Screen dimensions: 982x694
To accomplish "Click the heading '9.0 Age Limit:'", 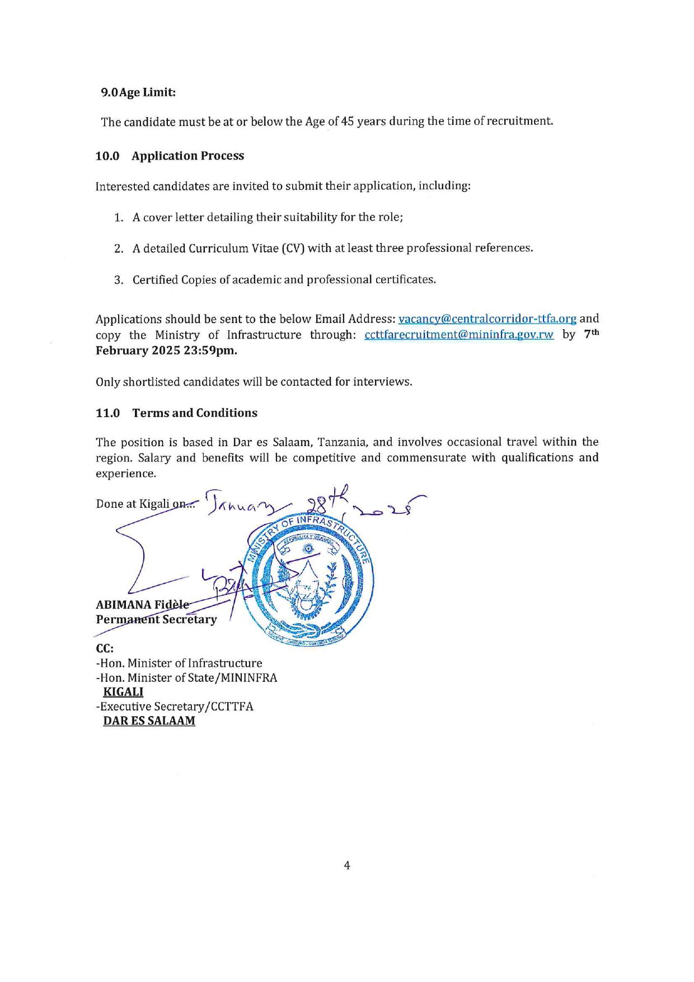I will point(138,92).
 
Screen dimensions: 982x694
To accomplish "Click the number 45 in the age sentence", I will point(348,121).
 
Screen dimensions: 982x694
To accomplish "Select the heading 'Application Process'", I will point(187,156).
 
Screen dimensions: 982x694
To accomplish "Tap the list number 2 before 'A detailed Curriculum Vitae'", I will point(119,249).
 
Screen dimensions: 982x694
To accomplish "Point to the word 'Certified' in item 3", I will point(155,279).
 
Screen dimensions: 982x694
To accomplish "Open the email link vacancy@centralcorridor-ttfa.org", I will point(487,319).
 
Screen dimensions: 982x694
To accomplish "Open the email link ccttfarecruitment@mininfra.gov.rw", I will point(458,335).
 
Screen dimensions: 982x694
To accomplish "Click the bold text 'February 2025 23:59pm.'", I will point(166,350).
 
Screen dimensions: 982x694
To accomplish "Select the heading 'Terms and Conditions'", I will point(195,413).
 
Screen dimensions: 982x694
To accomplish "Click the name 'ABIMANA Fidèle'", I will point(142,605).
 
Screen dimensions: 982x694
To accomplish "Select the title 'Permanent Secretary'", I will point(156,620).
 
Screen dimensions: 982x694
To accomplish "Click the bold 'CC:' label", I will point(105,648).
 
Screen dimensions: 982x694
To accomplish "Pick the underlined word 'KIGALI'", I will point(123,692).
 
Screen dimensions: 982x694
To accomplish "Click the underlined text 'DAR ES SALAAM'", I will point(149,721).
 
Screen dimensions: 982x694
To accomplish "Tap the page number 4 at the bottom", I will point(347,866).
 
